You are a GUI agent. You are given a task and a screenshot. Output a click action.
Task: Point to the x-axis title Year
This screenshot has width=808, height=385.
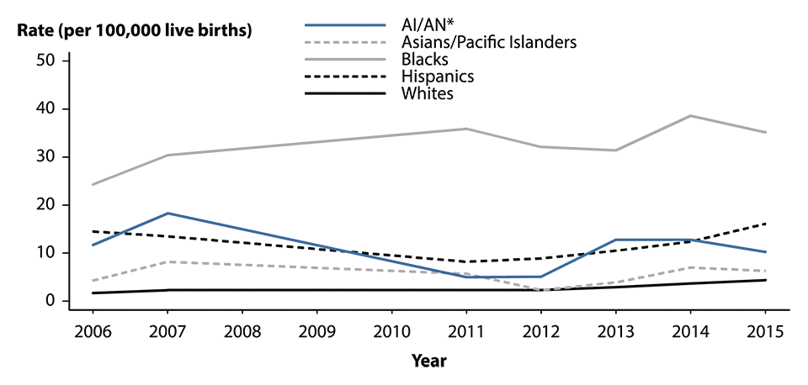pos(429,361)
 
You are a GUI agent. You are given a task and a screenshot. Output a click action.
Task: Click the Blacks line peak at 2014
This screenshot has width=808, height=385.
pos(691,115)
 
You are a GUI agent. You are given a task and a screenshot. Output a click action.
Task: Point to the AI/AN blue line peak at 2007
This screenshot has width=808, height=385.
pos(167,213)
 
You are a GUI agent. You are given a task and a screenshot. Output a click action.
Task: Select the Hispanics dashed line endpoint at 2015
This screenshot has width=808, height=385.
pos(766,224)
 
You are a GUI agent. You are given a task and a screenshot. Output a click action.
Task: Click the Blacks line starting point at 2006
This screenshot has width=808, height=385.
pos(92,184)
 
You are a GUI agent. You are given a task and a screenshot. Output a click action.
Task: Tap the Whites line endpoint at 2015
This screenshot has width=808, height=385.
pos(766,280)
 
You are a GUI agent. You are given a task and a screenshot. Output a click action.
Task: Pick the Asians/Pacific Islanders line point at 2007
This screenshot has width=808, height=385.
pos(167,261)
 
